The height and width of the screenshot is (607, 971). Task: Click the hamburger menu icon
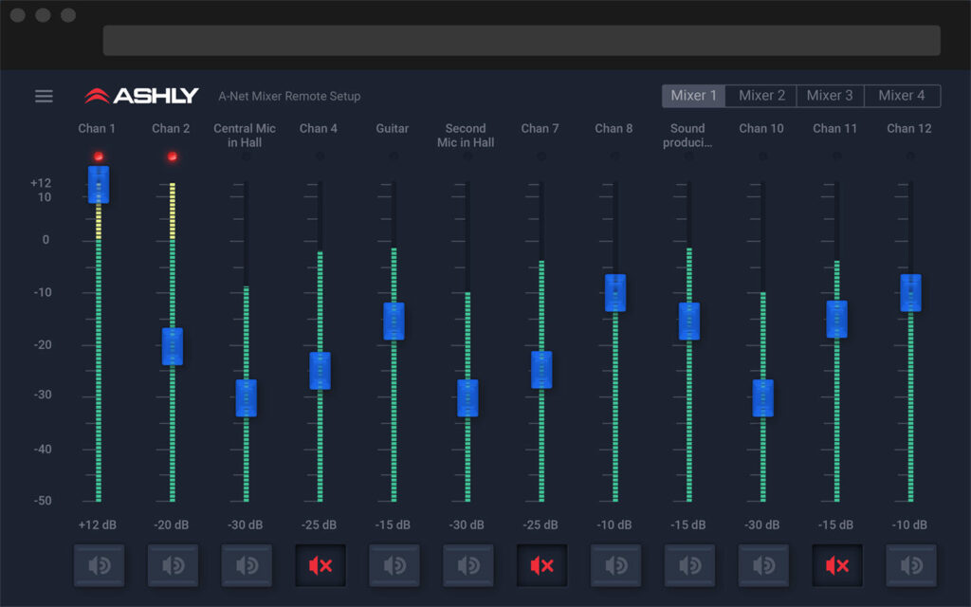[44, 96]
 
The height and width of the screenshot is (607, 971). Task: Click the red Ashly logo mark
[98, 96]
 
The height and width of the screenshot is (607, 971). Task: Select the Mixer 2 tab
[761, 96]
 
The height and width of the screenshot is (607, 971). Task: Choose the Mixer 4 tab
[902, 96]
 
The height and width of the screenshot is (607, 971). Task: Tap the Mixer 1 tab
[693, 96]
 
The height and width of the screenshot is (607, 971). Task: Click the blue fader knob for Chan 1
[99, 185]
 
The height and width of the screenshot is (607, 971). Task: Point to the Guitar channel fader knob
[394, 321]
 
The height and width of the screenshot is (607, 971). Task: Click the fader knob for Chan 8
[614, 293]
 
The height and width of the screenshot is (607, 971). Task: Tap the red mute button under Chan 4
[321, 565]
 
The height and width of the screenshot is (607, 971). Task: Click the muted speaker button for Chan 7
[541, 565]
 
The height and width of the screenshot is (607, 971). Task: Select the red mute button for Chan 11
[837, 565]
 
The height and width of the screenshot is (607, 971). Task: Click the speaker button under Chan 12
[911, 565]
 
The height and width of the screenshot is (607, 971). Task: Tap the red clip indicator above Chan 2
[173, 156]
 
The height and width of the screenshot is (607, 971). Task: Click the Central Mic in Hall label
[245, 135]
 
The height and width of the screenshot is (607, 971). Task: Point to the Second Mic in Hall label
[466, 135]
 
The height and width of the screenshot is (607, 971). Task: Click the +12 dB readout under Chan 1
[98, 524]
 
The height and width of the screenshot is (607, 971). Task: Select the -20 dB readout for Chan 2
[171, 524]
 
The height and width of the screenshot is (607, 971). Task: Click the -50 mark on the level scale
[43, 501]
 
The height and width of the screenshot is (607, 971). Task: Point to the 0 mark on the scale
[46, 240]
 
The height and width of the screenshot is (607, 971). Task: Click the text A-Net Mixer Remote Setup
[289, 96]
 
